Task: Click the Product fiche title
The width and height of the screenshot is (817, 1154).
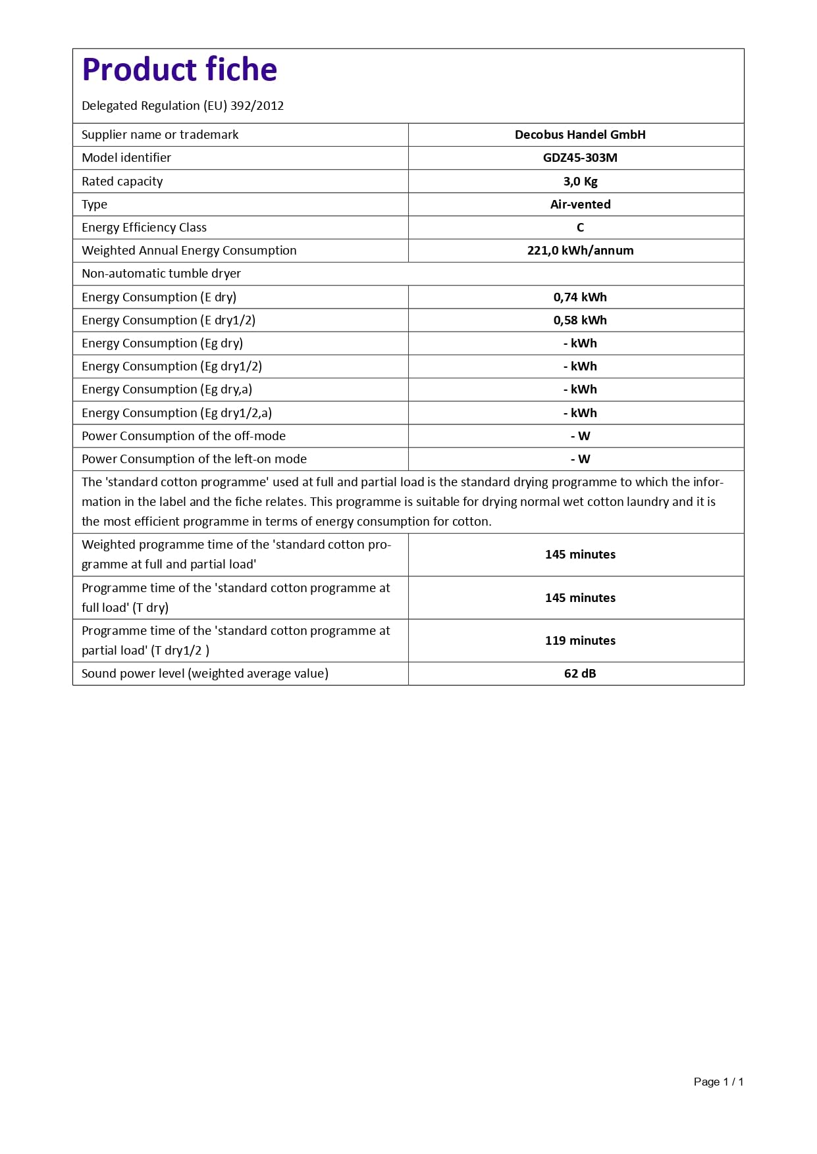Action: coord(179,70)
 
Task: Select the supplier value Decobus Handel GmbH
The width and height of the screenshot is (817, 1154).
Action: coord(580,135)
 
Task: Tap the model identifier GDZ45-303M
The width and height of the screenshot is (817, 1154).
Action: coord(580,158)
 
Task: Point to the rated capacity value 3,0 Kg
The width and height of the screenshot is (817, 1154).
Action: coord(580,182)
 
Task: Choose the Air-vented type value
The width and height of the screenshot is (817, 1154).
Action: coord(580,205)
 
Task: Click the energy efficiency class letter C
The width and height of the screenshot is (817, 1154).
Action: coord(580,228)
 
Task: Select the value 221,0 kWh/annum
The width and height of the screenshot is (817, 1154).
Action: coord(580,251)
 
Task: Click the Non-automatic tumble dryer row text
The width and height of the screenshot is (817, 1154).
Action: coord(161,274)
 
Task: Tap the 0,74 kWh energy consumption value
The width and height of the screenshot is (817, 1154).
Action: coord(580,297)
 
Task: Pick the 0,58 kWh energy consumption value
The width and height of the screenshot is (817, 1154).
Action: coord(580,320)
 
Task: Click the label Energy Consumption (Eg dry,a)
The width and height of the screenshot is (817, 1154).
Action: coord(167,389)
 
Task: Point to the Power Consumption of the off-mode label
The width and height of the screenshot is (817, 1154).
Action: coord(184,436)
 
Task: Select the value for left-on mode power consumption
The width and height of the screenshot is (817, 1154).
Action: coord(580,459)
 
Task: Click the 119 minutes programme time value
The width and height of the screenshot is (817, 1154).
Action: coord(580,641)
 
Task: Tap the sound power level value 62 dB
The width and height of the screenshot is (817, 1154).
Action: coord(580,674)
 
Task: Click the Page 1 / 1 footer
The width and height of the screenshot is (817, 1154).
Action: coord(718,1082)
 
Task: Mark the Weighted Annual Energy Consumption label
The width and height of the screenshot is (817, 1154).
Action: coord(189,251)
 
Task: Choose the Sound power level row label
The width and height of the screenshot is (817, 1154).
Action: coord(205,674)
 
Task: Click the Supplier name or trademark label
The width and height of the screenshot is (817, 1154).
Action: coord(160,135)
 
